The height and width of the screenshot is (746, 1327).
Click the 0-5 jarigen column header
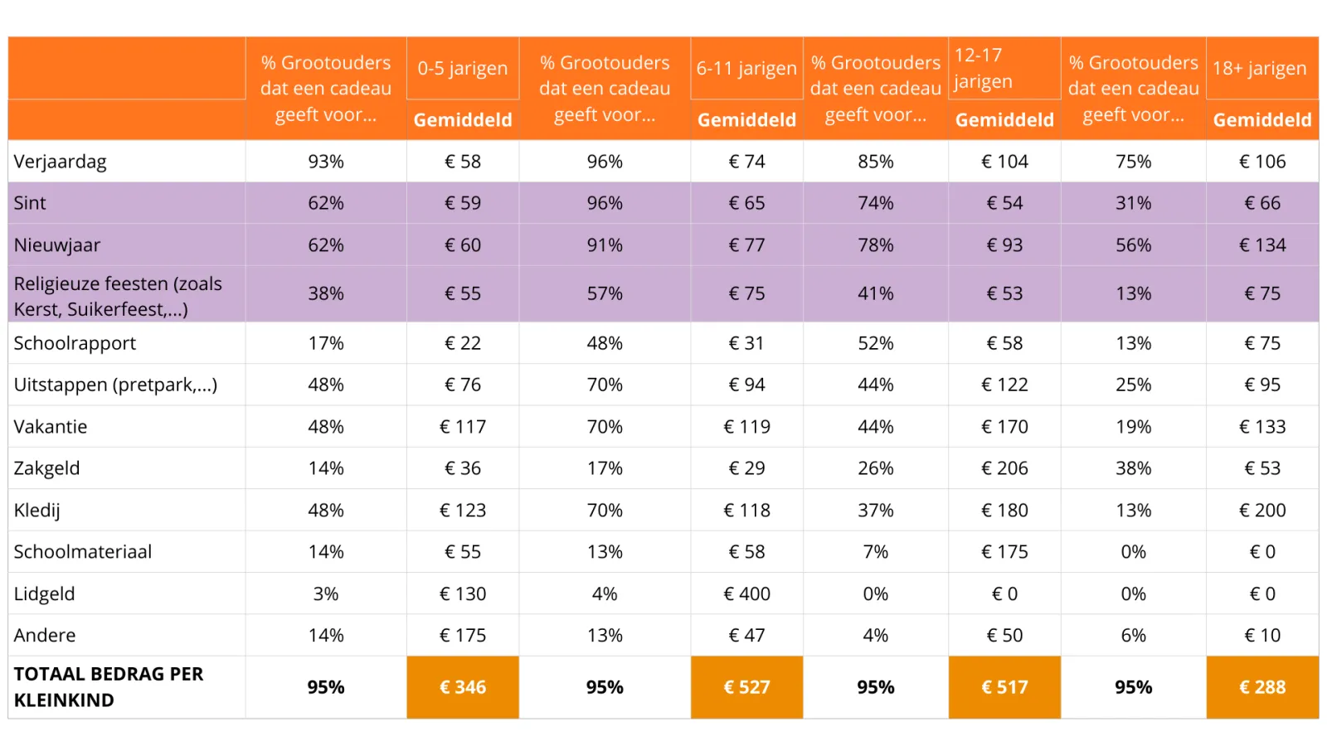462,68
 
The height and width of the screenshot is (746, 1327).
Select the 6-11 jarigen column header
746,68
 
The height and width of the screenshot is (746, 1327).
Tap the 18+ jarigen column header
1261,68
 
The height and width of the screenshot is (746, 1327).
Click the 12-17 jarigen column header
984,68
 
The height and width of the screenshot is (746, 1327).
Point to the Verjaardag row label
61,162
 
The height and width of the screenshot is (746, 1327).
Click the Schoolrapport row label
75,343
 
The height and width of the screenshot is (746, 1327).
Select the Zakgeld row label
47,468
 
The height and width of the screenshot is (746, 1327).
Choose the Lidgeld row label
45,593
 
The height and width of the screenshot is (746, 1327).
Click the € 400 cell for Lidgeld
746,593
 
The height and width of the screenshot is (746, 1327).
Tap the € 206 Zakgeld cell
1004,468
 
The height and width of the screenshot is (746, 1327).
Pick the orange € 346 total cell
463,687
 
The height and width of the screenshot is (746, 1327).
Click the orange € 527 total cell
746,687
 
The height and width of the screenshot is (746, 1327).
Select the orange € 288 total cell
1261,687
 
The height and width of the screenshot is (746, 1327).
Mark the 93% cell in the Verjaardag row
326,162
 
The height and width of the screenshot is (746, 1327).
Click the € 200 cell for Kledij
1261,511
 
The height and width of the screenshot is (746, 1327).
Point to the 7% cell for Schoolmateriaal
876,552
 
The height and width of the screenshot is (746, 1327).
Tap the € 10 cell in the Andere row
1261,636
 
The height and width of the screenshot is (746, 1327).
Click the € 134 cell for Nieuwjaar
1261,245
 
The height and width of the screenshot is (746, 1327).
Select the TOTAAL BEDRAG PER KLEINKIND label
108,687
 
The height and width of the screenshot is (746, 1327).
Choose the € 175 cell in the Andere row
463,636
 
